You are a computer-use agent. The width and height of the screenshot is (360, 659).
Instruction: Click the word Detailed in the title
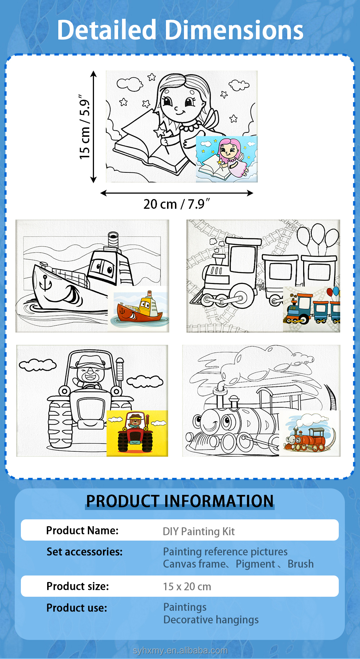(x=107, y=30)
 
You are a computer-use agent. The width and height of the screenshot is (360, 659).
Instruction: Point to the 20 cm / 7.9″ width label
(x=176, y=204)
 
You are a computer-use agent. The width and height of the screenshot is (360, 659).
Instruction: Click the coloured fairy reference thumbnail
(x=226, y=159)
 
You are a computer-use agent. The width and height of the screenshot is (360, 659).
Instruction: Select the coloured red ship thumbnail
(x=138, y=309)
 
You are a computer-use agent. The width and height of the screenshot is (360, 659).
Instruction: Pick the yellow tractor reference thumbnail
(x=137, y=433)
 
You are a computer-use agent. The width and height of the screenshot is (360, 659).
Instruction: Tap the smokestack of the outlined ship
(x=113, y=239)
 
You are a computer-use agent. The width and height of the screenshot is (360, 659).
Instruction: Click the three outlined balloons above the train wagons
(x=318, y=235)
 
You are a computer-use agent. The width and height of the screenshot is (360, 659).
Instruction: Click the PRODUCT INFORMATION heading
(x=180, y=501)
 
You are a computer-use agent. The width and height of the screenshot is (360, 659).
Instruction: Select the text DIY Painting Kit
(x=199, y=531)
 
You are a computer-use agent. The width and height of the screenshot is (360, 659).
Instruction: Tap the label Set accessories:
(x=85, y=552)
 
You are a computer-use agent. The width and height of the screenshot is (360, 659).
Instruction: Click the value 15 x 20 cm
(x=187, y=586)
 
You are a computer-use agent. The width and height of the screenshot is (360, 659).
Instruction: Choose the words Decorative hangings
(x=211, y=620)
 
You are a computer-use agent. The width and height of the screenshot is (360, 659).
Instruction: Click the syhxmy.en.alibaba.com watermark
(x=180, y=650)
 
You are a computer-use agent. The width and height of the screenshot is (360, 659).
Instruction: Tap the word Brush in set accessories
(x=301, y=564)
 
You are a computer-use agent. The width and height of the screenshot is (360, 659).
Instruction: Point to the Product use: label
(x=77, y=608)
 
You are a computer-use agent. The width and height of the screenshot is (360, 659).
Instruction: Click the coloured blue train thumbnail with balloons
(x=311, y=309)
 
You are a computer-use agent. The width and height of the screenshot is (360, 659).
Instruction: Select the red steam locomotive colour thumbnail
(x=310, y=433)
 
